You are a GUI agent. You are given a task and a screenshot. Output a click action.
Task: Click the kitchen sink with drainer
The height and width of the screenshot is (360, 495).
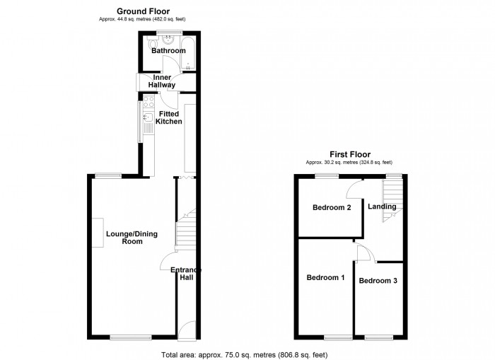coord(148,127)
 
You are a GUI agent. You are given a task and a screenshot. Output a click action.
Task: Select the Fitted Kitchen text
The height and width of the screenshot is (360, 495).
coord(170,117)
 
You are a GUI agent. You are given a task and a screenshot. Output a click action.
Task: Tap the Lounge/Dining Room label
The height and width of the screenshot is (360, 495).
coord(124,237)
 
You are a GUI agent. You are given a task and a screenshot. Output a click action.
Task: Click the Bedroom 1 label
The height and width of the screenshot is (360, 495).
coord(325,277)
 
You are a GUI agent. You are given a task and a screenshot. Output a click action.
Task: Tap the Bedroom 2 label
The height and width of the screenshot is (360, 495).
coord(332,208)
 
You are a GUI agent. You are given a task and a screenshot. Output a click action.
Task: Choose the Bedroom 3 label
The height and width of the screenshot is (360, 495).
coord(378,281)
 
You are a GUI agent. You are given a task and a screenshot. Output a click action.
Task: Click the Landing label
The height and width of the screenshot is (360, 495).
coord(382,207)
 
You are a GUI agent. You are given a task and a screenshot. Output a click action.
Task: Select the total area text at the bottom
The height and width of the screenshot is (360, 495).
coord(245,354)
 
